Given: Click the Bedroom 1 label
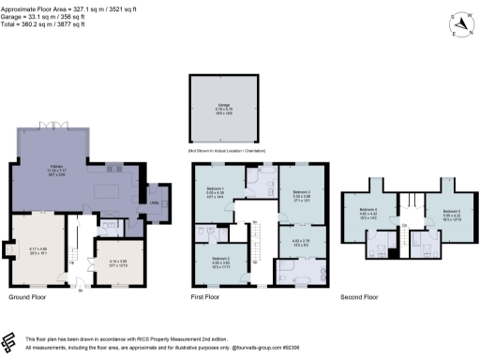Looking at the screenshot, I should click(215, 189).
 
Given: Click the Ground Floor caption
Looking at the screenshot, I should click(28, 297).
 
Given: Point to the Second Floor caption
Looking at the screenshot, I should click(359, 297).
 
